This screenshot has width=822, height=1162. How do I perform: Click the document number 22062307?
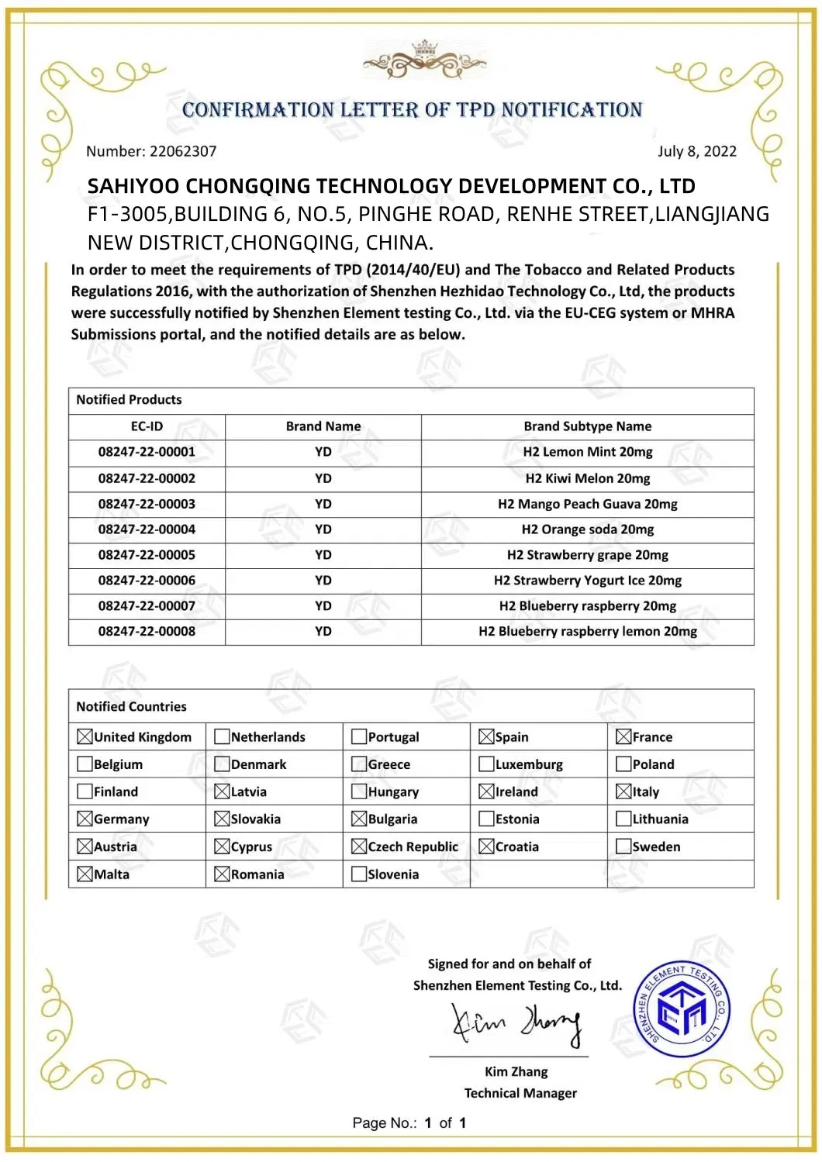[183, 151]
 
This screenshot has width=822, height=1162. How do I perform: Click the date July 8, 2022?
[696, 151]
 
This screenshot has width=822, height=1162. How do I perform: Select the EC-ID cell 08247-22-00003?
[147, 504]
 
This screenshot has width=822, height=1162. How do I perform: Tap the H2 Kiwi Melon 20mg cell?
[587, 478]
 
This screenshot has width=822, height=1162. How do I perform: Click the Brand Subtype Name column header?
[587, 426]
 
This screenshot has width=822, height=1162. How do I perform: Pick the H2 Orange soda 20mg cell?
[587, 529]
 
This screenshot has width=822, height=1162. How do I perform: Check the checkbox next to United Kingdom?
[85, 737]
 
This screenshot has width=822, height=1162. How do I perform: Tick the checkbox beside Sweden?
[623, 847]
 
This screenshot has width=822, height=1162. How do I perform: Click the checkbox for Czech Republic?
[358, 847]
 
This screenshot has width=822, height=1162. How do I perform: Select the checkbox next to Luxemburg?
[486, 764]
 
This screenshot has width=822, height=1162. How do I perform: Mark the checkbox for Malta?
[85, 874]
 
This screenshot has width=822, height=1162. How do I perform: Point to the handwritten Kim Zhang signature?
[516, 1025]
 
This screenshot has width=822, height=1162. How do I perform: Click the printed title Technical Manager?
[520, 1093]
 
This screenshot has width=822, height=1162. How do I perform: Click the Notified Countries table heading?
[131, 707]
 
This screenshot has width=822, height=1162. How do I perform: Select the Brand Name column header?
[323, 426]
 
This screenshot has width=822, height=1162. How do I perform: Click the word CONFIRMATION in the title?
[257, 110]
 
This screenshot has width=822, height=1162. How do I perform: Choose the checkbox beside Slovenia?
[358, 874]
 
